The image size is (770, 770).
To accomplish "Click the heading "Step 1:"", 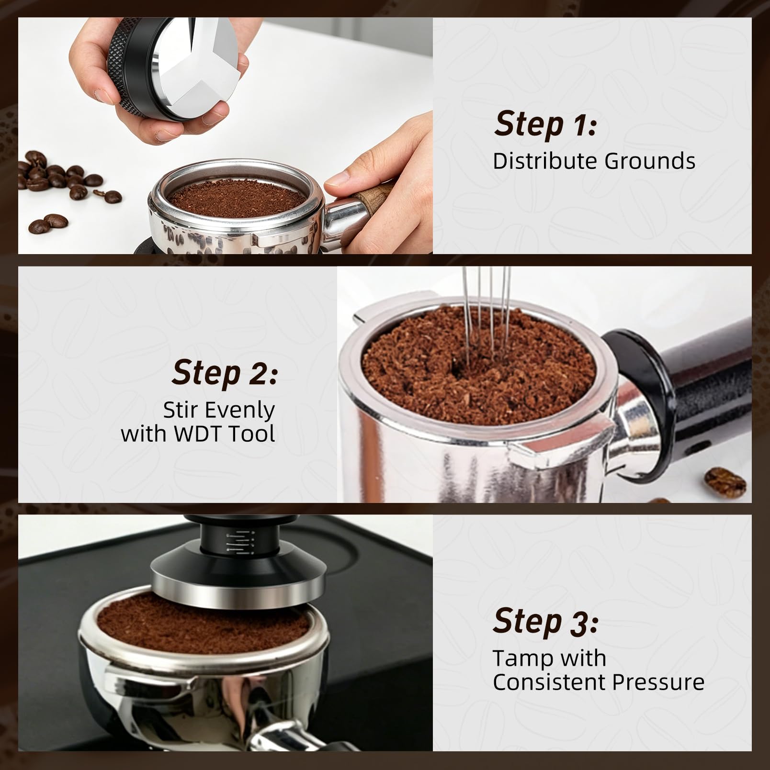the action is click(546, 124).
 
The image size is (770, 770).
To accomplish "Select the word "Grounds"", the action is click(649, 161).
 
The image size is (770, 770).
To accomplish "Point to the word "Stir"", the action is click(180, 410).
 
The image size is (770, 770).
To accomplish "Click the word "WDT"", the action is click(198, 434).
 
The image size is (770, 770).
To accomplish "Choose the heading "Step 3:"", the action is click(546, 622).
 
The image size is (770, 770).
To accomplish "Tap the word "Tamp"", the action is click(520, 658).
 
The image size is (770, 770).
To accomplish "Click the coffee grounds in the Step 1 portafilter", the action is click(236, 196).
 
